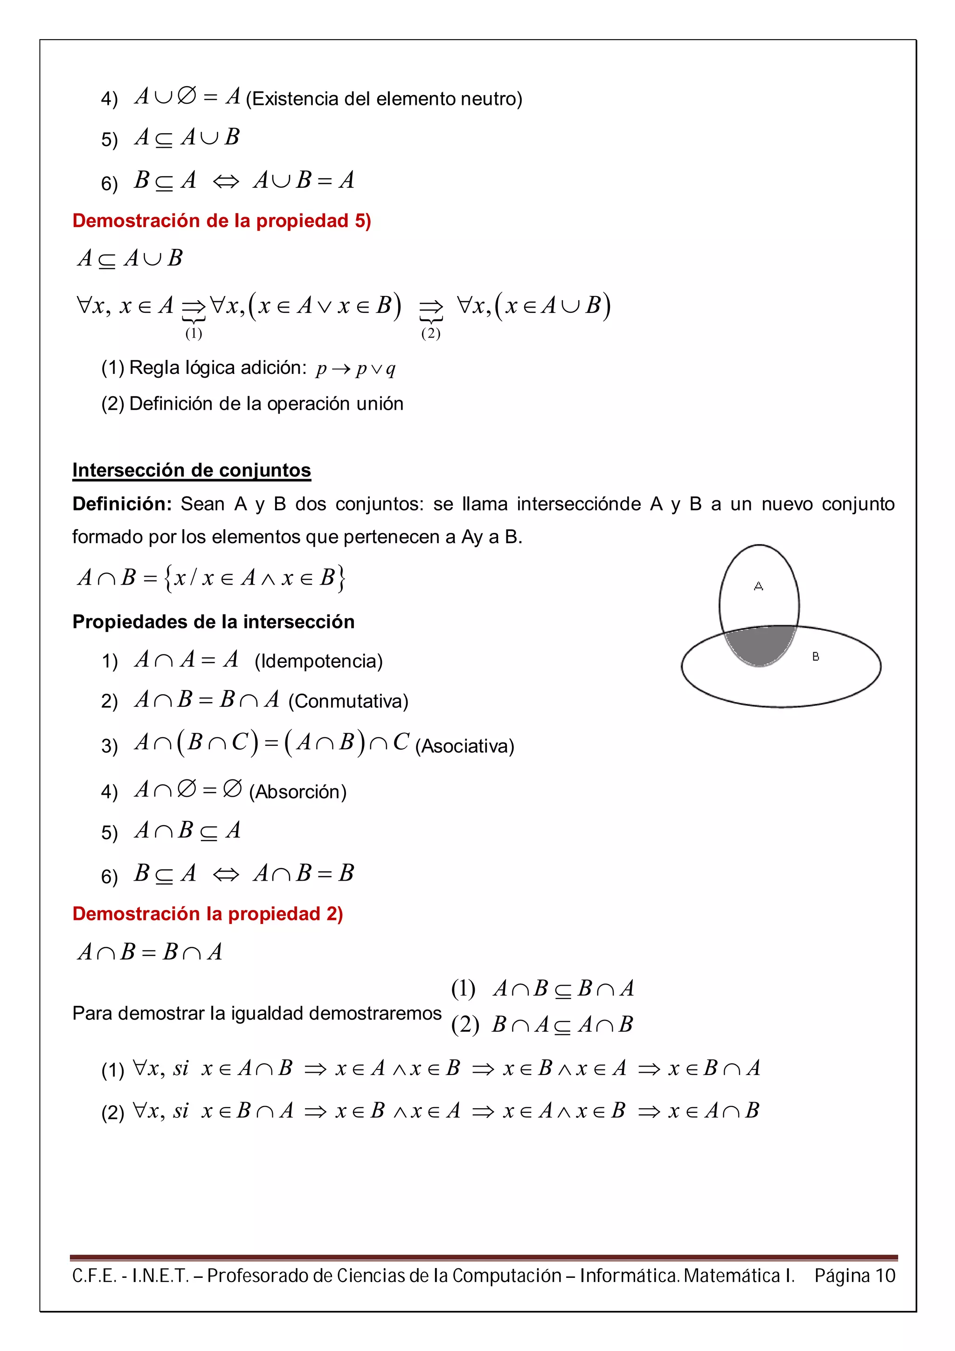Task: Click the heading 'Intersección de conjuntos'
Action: point(191,470)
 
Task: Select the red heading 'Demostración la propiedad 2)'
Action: point(207,913)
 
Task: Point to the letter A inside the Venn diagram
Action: point(759,586)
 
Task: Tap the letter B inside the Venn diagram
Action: point(816,657)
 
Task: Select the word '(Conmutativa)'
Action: point(348,702)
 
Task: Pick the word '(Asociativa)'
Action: point(464,746)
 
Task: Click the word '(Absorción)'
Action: point(298,792)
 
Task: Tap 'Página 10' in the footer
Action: point(854,1275)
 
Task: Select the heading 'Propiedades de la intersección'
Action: point(213,622)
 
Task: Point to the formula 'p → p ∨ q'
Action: point(355,369)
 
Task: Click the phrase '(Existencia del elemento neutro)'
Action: point(384,99)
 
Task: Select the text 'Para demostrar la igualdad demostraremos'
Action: point(256,1013)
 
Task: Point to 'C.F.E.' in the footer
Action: point(94,1275)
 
